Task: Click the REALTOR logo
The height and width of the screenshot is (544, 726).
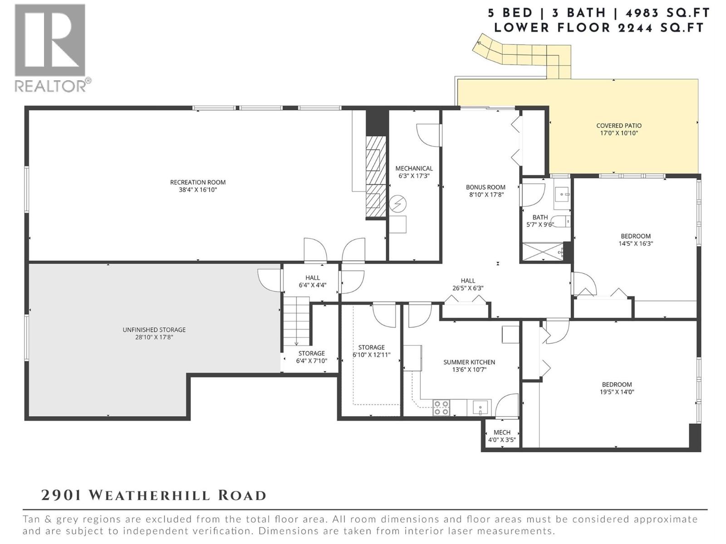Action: [50, 48]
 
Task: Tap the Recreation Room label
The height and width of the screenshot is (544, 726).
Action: [198, 182]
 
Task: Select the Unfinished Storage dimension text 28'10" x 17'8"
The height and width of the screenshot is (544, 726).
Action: [154, 337]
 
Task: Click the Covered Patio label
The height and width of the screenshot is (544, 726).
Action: [618, 126]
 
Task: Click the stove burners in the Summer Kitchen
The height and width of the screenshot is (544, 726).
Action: [441, 408]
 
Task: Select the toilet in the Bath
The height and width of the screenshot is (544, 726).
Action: [563, 222]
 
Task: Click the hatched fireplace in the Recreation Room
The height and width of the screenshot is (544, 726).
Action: [376, 178]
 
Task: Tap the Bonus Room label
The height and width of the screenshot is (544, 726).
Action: [485, 187]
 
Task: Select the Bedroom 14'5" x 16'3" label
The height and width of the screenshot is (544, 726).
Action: [635, 236]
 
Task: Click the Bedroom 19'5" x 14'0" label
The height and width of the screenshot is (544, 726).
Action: [617, 384]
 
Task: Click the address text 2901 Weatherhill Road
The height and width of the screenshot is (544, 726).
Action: [153, 495]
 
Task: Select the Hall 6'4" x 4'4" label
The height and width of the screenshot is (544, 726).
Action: [312, 277]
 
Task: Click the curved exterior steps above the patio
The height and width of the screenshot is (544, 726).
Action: [522, 52]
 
